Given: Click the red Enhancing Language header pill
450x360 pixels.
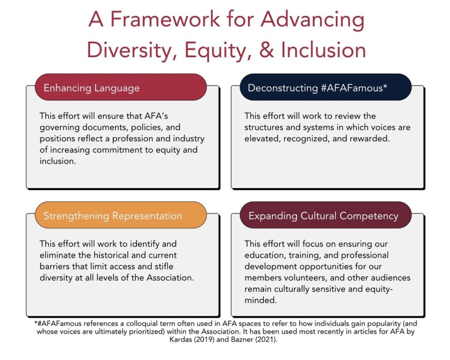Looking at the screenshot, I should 120,87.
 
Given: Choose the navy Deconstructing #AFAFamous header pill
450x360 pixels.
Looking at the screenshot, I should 326,87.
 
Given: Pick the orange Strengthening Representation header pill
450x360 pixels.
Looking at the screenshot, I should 120,215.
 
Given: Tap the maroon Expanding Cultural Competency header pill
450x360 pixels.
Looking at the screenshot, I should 326,215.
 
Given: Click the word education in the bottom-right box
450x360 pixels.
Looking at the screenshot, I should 265,255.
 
